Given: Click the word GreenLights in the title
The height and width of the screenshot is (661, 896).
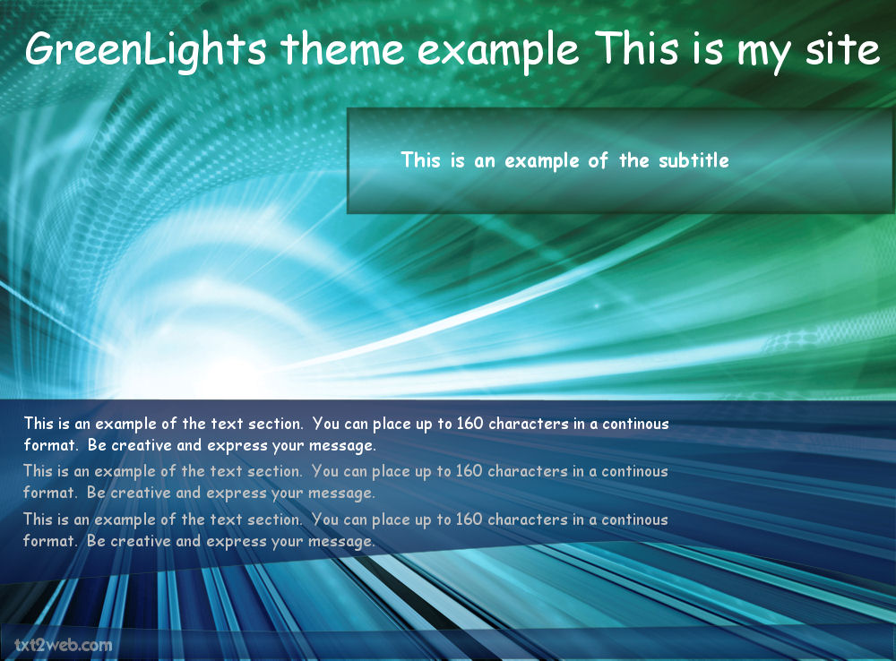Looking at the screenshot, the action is point(146,50).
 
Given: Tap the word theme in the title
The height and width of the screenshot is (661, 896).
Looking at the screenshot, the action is point(343,48).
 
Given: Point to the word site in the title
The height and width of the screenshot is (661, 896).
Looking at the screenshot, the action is point(842,48).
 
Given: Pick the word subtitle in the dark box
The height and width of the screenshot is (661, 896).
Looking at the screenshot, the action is point(694,160).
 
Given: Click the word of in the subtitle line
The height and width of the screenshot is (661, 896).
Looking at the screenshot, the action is point(598,160).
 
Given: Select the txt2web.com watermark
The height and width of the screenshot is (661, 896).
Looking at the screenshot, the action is point(64,645).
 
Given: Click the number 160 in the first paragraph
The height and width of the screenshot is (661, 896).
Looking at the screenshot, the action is point(470,424).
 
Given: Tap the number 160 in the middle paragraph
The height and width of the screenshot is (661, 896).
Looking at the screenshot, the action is point(470,471).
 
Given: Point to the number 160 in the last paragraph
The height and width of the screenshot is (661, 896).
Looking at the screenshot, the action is point(470,519).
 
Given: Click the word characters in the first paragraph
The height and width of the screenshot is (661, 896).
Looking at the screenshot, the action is point(529,424).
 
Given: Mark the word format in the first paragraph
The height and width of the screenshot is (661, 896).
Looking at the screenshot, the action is point(50,445).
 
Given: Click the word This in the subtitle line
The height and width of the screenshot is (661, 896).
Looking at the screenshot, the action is point(421,160).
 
